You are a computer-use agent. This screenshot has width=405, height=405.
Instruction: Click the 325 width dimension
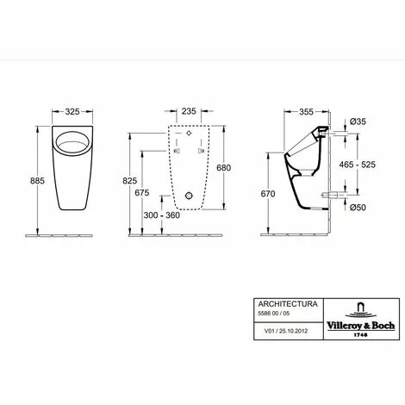72,111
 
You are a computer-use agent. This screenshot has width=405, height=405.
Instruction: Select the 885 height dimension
37,181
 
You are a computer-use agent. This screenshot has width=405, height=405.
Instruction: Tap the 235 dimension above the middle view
189,111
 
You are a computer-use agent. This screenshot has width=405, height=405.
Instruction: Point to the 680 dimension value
223,167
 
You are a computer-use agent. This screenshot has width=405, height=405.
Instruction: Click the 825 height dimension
130,181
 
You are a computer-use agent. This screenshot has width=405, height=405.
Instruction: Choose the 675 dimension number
142,193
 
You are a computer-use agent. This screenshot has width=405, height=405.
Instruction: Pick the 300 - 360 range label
162,215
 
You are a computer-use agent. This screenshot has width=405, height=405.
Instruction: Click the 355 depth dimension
306,111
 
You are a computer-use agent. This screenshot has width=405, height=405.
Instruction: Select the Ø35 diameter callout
358,121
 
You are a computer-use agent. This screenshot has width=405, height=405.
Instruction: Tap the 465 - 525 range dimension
358,165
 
